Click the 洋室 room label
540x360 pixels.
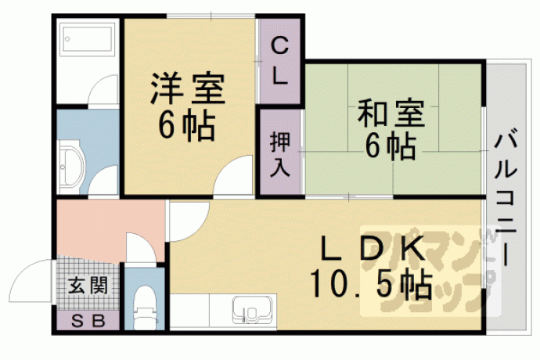pos(187,88)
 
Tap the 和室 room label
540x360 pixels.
pos(391,113)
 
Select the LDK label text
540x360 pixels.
pos(373,248)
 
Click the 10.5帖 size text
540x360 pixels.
pos(371,284)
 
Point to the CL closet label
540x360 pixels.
pos(279,61)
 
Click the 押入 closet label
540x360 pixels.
pos(279,154)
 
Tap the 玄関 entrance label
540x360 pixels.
pos(88,286)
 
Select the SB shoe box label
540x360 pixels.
pos(88,322)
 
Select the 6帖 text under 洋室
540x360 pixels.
pos(187,125)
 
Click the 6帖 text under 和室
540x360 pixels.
pos(391,146)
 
